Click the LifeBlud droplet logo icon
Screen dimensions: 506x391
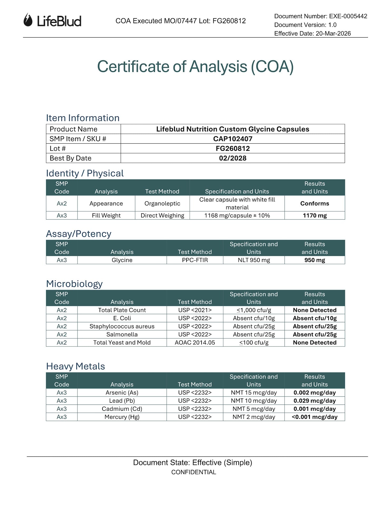click(28, 20)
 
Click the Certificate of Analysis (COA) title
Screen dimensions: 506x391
click(195, 66)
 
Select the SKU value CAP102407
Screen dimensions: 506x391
click(233, 139)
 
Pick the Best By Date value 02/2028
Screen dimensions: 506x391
click(233, 158)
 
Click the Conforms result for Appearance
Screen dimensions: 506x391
click(315, 203)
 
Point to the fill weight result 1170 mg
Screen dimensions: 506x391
click(315, 216)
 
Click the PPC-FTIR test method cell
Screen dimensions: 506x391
click(195, 260)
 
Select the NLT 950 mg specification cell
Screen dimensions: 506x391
click(254, 260)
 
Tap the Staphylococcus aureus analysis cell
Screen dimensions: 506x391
click(122, 326)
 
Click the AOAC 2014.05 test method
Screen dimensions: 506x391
click(195, 343)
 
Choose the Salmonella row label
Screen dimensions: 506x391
click(122, 334)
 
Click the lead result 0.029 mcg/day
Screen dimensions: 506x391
click(315, 401)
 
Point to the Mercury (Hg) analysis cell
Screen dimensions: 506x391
click(122, 417)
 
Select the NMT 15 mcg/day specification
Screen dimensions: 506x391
click(254, 393)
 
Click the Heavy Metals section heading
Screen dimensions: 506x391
click(75, 366)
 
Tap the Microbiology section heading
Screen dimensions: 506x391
click(74, 284)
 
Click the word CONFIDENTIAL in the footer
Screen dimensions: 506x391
click(194, 472)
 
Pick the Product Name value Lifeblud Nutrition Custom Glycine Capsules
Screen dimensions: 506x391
click(233, 129)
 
